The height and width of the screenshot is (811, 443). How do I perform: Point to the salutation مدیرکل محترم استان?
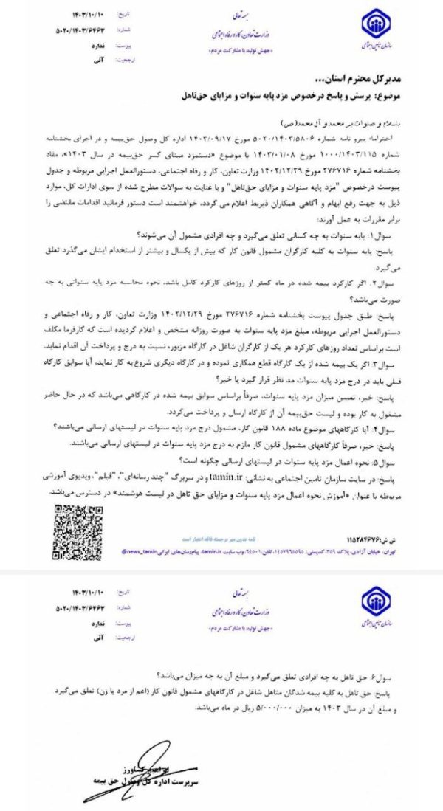(371, 80)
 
